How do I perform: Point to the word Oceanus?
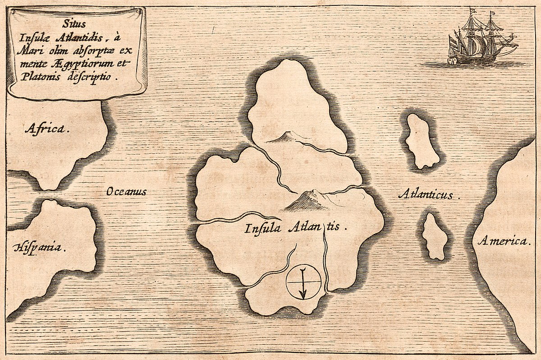pos(126,192)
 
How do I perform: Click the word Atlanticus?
pos(428,195)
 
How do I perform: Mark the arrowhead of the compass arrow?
pos(303,295)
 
